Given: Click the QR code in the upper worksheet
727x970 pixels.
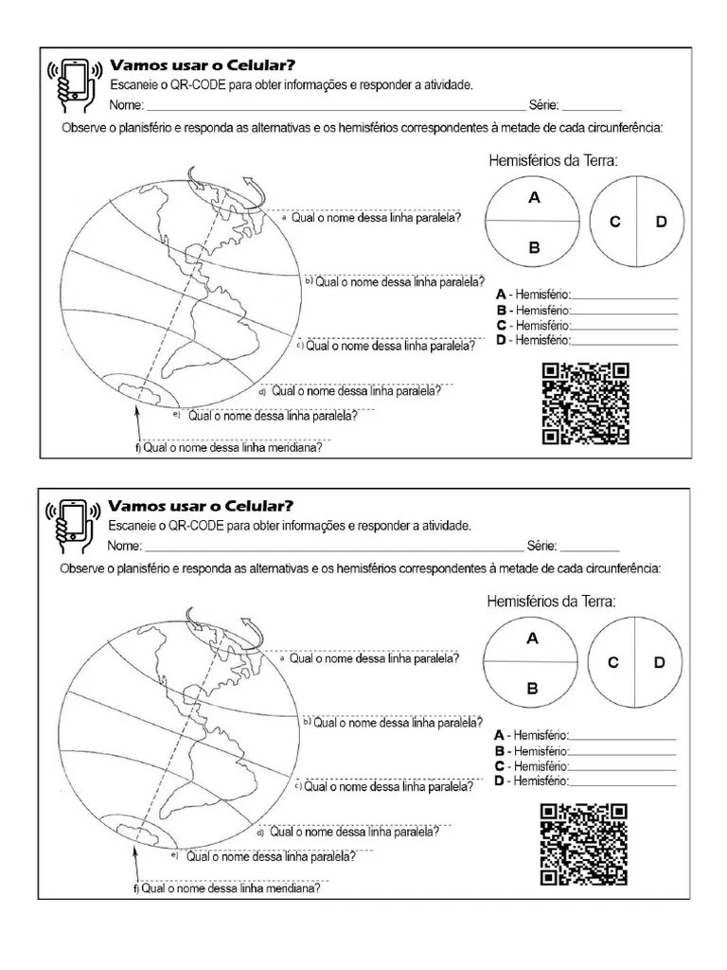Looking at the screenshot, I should (585, 404).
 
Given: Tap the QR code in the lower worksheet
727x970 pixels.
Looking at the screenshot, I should (583, 843).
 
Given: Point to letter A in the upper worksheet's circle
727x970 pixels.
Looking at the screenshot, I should (534, 198).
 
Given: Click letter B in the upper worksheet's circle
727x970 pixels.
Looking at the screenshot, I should (534, 248).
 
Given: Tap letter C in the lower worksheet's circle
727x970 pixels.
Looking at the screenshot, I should (613, 662).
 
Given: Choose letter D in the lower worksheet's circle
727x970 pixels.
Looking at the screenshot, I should (659, 662).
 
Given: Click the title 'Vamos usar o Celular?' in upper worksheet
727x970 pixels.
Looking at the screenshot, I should (204, 65).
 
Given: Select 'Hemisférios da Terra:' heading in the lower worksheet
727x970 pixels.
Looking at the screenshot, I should (551, 601).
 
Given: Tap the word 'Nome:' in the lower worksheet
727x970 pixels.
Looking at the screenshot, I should (125, 546).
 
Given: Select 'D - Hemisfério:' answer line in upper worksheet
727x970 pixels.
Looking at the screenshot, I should (587, 339).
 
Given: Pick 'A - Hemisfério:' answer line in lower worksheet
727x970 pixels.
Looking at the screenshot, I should (585, 735).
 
